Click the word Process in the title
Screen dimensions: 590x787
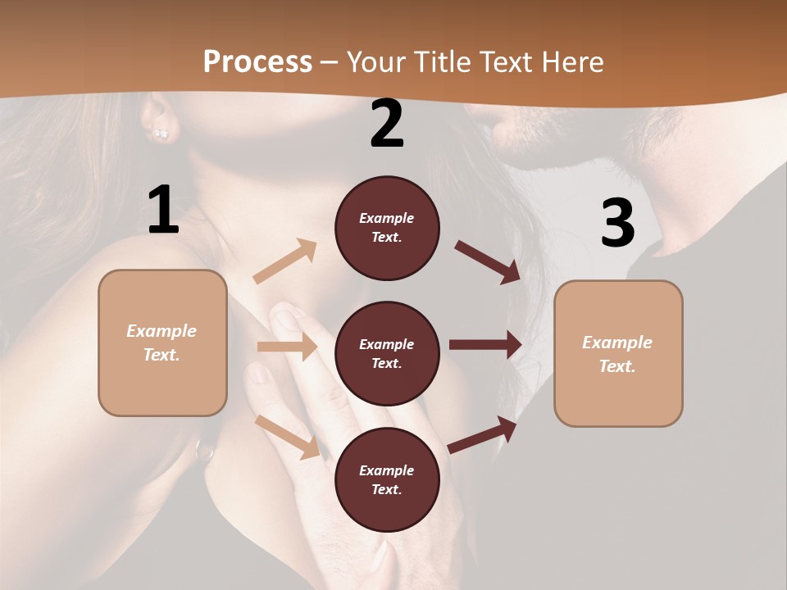[x=257, y=62]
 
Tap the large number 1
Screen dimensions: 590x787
[x=163, y=210]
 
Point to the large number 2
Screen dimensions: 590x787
[x=387, y=124]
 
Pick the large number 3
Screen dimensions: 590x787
[x=617, y=223]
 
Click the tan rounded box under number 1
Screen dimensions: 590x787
[x=162, y=343]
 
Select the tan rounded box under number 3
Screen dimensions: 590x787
[x=618, y=354]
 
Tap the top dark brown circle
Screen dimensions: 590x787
[x=387, y=228]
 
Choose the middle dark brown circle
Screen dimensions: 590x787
[x=387, y=354]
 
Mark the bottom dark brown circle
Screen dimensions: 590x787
[x=387, y=480]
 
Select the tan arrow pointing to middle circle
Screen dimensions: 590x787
[x=287, y=347]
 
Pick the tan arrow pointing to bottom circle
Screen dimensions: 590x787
[x=288, y=437]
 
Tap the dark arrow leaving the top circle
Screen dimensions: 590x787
[x=487, y=261]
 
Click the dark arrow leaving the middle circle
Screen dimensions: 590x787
[x=485, y=345]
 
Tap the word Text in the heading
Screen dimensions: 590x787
[x=504, y=62]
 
